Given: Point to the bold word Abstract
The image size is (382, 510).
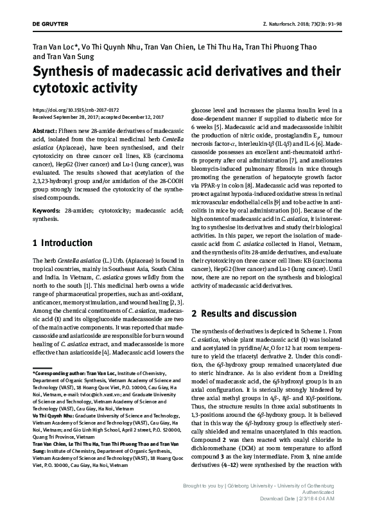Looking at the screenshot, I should (x=43, y=129).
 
